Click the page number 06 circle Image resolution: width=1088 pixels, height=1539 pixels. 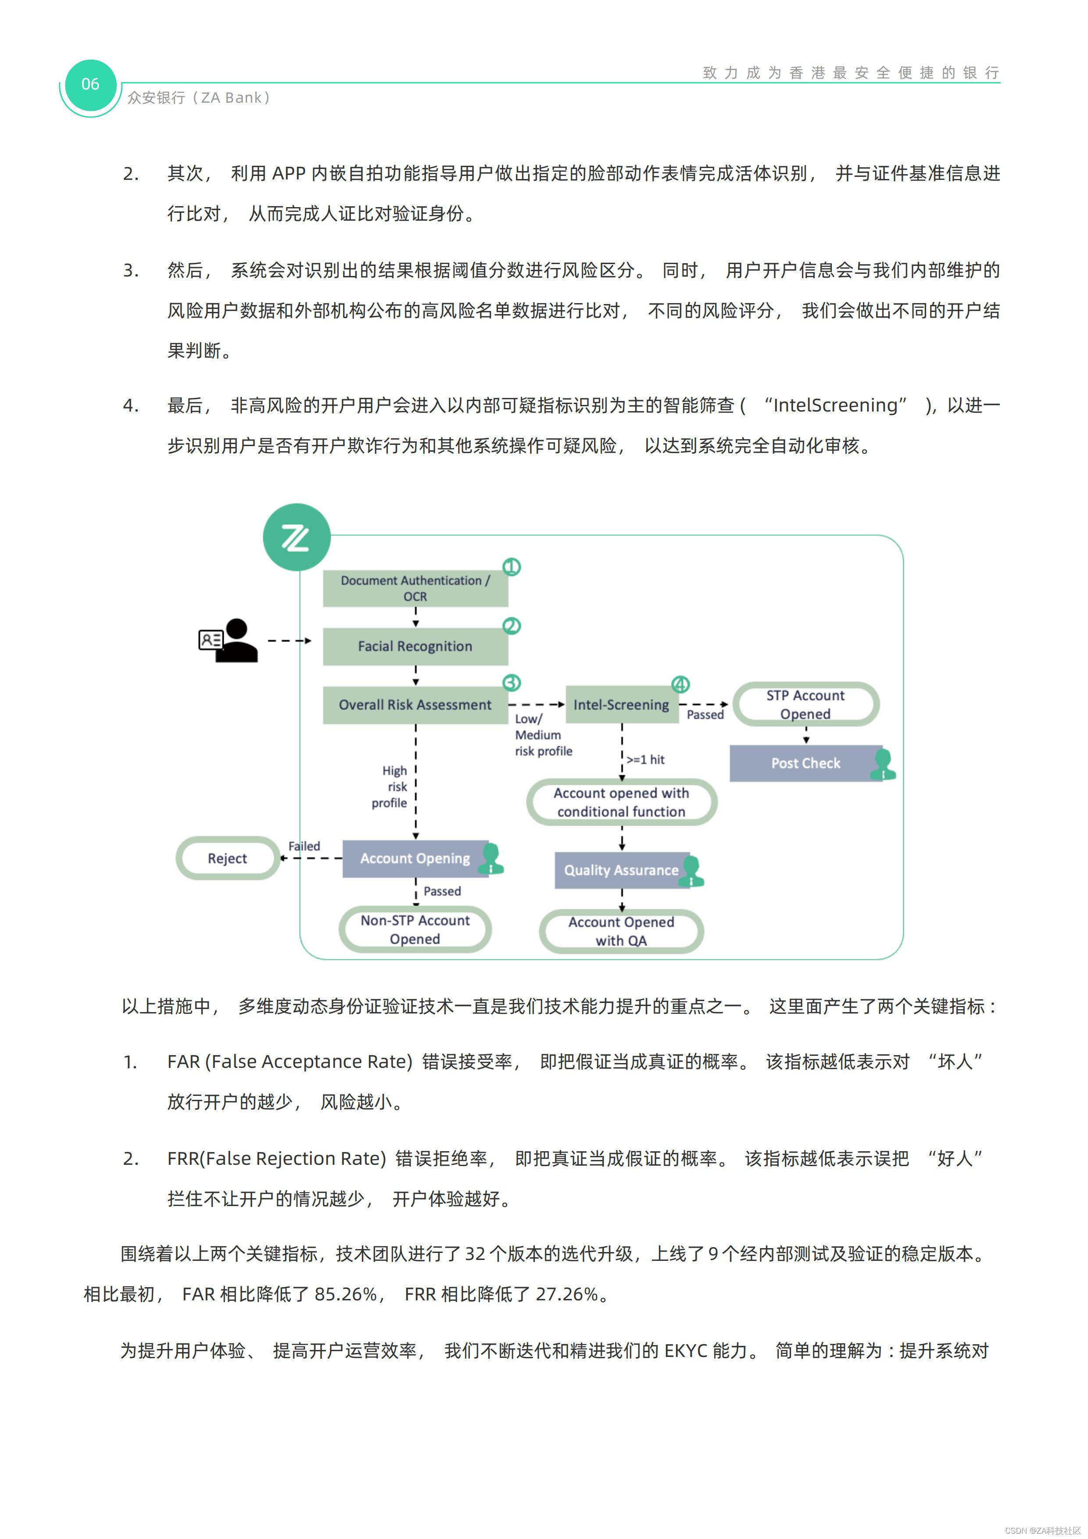coord(90,85)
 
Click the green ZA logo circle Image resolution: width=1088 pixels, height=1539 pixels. coord(296,537)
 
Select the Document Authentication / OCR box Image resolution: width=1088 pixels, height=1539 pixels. coord(415,588)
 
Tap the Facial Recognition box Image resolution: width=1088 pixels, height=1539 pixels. coord(415,646)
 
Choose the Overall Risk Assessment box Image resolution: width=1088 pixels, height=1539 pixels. coord(415,705)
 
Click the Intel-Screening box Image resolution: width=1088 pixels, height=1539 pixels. coord(621,705)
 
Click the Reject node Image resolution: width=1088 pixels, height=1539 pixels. coord(227,858)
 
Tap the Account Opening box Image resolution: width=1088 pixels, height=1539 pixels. coord(415,858)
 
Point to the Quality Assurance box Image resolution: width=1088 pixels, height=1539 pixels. coord(621,870)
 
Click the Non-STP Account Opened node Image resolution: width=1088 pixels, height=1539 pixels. coord(415,930)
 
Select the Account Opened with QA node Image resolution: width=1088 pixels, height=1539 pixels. coord(621,931)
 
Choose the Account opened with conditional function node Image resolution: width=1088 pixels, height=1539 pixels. coord(621,802)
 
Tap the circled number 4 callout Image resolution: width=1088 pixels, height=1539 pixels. coord(680,684)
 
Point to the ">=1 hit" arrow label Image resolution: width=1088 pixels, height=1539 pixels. coord(645,759)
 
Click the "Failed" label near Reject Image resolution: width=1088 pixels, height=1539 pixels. coord(304,846)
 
